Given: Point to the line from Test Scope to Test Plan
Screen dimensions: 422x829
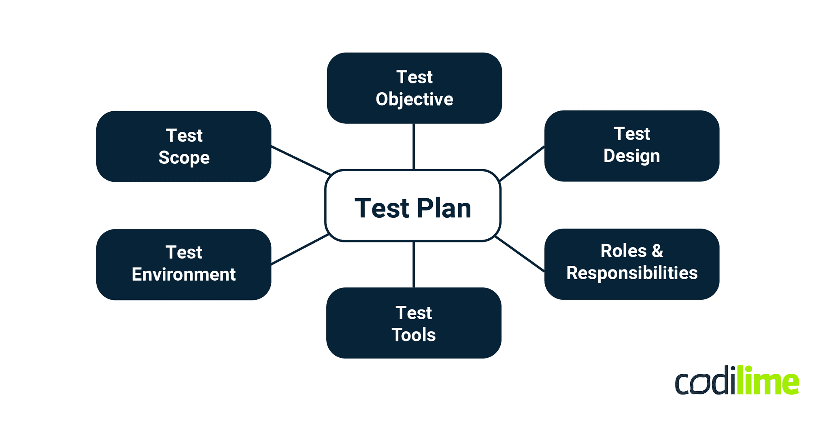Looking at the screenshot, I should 301,161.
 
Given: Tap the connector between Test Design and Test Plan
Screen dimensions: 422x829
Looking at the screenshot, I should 522,163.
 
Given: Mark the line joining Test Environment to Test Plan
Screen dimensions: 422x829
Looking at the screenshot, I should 300,249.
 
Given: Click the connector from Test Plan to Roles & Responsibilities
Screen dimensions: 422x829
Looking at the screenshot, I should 520,254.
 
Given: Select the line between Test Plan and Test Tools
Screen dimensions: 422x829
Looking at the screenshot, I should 413,264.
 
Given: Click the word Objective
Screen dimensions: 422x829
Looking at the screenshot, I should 414,100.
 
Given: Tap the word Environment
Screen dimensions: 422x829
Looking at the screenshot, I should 183,275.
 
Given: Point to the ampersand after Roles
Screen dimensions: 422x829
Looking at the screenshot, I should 657,251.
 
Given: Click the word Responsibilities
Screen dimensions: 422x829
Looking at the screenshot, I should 631,273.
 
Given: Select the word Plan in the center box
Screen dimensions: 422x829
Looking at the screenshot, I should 444,208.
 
